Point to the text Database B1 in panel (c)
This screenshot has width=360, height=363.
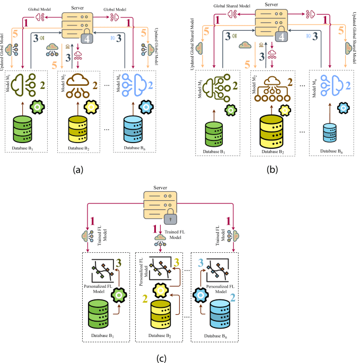pyautogui.click(x=107, y=335)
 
